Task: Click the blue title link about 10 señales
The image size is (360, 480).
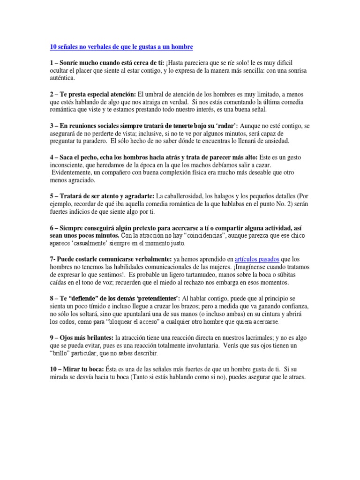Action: coord(121,47)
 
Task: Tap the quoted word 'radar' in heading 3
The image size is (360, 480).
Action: coord(225,126)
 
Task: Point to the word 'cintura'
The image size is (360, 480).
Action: coord(265,314)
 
